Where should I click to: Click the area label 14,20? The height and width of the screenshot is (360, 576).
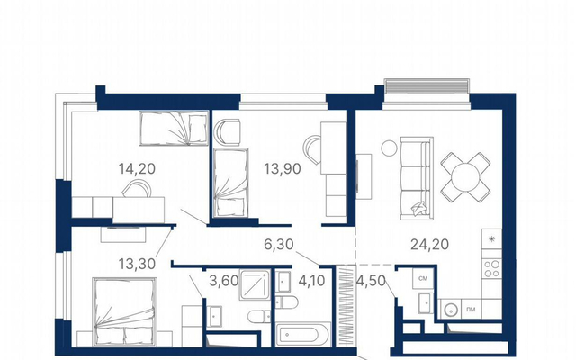[137, 168]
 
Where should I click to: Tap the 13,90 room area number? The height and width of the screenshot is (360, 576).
[283, 168]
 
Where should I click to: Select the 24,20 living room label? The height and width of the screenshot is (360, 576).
[430, 244]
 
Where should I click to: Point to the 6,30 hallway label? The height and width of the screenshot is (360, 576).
[279, 244]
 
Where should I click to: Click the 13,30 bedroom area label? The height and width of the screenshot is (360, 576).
[137, 264]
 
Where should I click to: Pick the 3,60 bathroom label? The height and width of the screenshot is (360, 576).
[224, 281]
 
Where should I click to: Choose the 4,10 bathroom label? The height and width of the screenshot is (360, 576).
[311, 281]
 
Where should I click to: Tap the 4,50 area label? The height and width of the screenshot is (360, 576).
[371, 281]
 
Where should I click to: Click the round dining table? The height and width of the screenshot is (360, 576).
[465, 177]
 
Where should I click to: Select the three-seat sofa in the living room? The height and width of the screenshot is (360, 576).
[417, 178]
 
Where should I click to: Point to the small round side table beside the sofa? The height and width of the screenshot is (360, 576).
[389, 148]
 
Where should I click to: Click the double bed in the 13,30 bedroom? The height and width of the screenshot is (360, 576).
[124, 312]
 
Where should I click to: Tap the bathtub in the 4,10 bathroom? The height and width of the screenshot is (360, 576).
[303, 334]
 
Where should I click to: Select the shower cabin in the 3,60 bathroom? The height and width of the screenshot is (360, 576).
[256, 284]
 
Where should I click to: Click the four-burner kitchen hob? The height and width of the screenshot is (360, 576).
[492, 268]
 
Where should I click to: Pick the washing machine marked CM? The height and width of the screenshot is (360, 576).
[423, 278]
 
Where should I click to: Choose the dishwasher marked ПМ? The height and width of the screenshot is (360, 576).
[471, 310]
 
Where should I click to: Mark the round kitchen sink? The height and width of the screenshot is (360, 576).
[450, 310]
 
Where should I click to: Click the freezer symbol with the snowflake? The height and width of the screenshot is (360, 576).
[492, 238]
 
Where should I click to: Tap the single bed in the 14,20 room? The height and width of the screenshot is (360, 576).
[174, 128]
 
